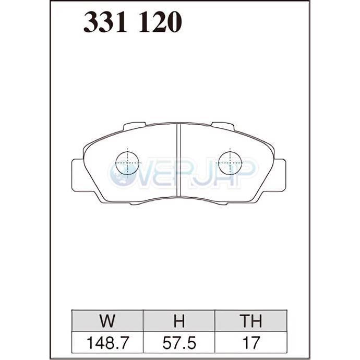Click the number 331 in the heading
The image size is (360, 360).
106,21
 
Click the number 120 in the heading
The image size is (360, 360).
157,21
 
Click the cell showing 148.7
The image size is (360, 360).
107,343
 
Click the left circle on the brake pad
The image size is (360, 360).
127,162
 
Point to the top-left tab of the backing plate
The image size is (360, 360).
134,125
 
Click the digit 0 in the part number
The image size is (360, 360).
173,21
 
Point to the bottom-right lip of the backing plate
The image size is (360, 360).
215,202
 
